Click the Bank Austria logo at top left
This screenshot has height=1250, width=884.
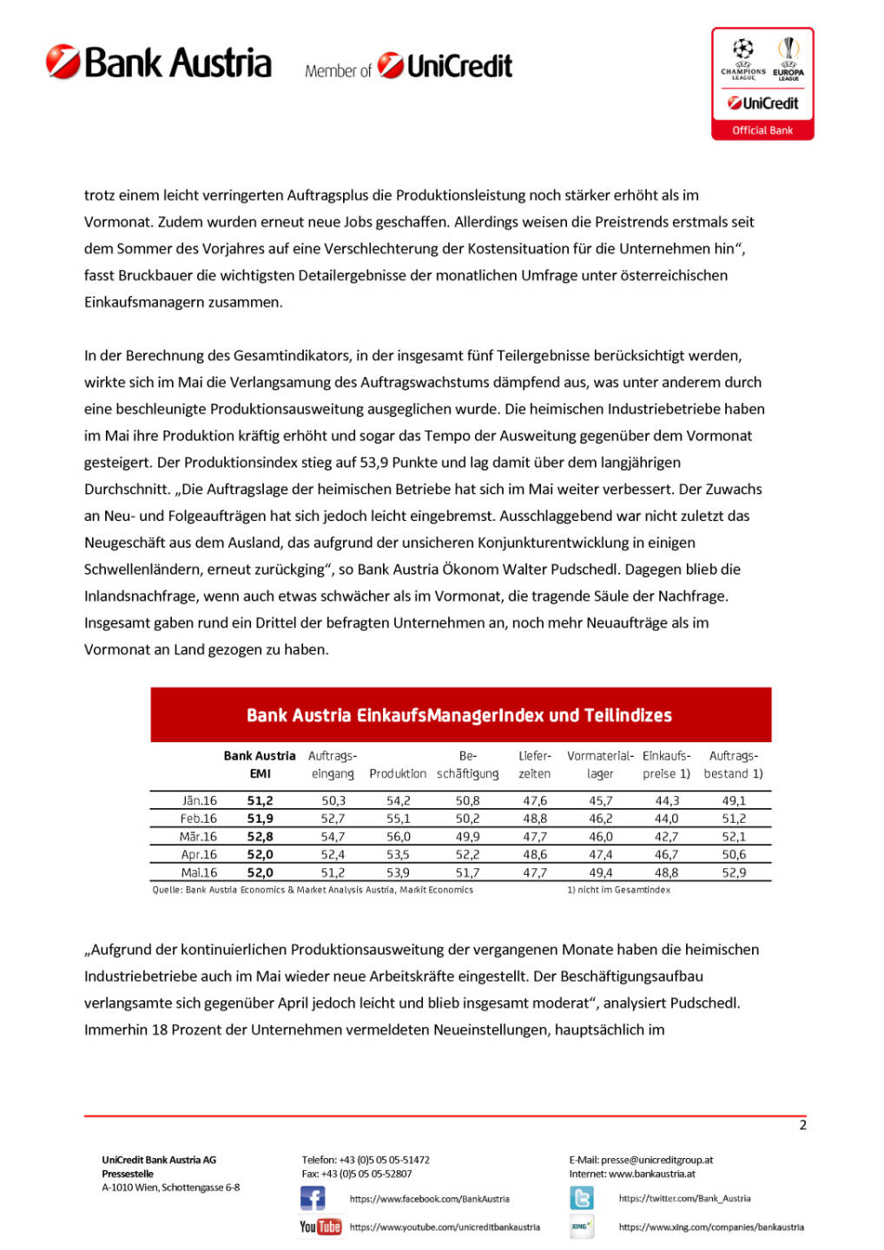(x=159, y=63)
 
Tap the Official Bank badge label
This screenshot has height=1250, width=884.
(x=762, y=130)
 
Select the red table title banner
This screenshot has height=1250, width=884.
(x=460, y=715)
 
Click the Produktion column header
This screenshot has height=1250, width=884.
(x=398, y=773)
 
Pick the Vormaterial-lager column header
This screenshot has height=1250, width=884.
(x=600, y=765)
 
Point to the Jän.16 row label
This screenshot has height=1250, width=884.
(x=200, y=801)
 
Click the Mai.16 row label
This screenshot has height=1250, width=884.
(x=199, y=873)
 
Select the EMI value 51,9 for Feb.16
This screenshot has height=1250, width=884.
(x=260, y=819)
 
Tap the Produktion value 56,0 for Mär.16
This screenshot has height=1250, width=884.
(x=399, y=837)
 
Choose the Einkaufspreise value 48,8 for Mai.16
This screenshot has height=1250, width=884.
(x=666, y=873)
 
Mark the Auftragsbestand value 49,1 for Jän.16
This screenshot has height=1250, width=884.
(x=734, y=801)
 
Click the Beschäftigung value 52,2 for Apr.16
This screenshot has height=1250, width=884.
(x=467, y=855)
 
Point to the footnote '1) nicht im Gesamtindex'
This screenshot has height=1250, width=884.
(x=618, y=890)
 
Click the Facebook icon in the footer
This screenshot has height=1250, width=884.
(x=313, y=1199)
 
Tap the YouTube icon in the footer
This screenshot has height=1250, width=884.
(x=320, y=1227)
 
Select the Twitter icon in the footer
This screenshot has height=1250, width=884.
(x=582, y=1199)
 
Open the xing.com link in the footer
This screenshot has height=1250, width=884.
(x=711, y=1227)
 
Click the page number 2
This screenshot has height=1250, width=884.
(x=802, y=1125)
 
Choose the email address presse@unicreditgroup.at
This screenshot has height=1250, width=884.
(x=656, y=1160)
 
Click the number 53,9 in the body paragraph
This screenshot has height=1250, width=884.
(x=376, y=463)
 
